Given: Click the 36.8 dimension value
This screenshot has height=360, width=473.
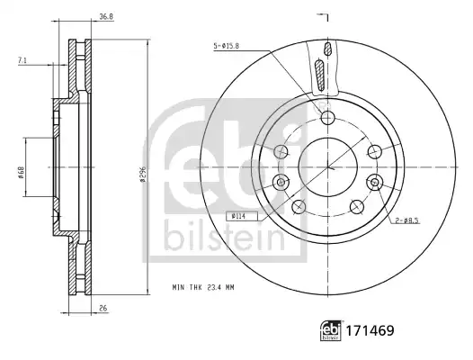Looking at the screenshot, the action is click(106, 17).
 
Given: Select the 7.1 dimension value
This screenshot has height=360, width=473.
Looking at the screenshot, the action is click(22, 60).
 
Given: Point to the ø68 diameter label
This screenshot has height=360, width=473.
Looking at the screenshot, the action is click(21, 173).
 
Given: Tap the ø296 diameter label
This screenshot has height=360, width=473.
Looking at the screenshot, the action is click(143, 174).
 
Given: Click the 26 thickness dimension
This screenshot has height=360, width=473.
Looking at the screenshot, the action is click(103, 309).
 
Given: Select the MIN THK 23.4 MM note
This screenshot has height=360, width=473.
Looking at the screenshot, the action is click(203, 287).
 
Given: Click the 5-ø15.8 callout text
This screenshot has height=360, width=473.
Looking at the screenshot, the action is click(227, 46).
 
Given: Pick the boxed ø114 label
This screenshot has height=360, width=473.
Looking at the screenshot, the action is click(242, 216).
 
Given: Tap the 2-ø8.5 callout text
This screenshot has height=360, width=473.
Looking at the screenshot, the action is click(407, 220).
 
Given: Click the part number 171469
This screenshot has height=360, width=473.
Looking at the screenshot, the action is click(370, 330).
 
